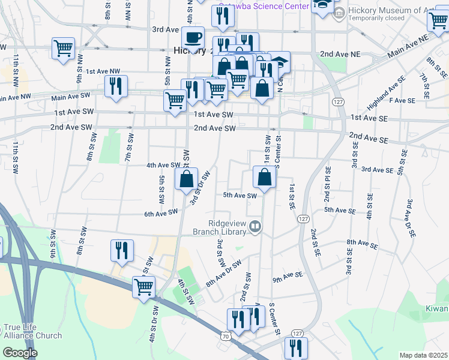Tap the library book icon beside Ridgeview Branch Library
[256, 226]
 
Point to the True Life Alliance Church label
[32, 331]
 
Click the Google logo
[20, 352]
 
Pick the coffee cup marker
[193, 38]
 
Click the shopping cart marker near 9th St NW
[63, 48]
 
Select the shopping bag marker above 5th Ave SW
[264, 177]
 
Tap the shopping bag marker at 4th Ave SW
[186, 178]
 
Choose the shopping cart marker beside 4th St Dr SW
[143, 288]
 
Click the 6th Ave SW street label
[161, 212]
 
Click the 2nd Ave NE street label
[340, 54]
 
